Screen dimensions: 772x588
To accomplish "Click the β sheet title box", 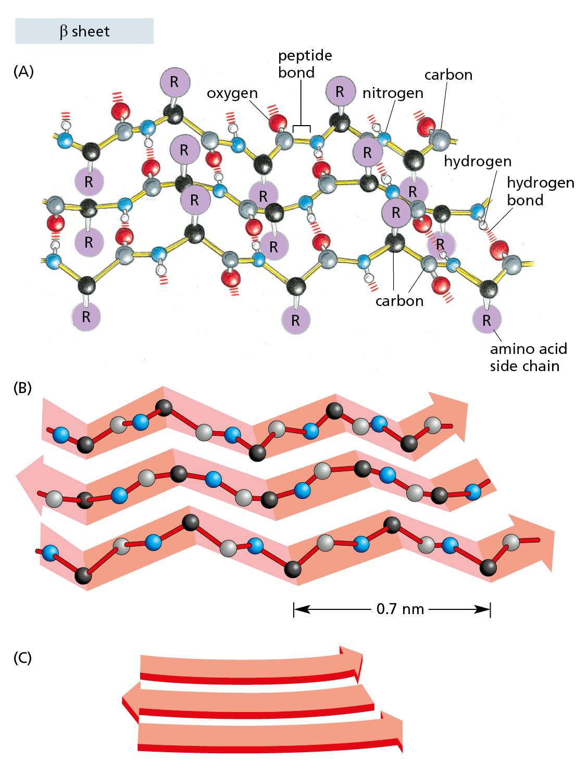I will (x=84, y=31).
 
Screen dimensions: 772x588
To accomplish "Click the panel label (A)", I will (x=23, y=71).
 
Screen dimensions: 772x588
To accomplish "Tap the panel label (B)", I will (x=23, y=388).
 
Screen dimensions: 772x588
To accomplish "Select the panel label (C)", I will (x=23, y=658).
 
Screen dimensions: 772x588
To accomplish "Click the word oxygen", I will (x=232, y=93).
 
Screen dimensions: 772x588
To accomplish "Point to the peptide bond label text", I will (x=305, y=64).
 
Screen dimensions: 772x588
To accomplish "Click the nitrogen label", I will (x=393, y=93).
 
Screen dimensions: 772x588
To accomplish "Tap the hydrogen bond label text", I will (x=540, y=191).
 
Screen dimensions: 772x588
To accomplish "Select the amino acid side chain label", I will (x=528, y=357).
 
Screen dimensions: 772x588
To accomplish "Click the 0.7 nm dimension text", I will (x=400, y=609).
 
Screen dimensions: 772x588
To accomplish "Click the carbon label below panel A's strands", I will (x=399, y=301).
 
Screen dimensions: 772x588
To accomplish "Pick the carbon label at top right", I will (x=448, y=75).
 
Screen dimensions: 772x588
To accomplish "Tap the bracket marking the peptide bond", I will (x=302, y=127).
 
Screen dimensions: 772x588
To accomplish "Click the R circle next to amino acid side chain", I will (x=486, y=320).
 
